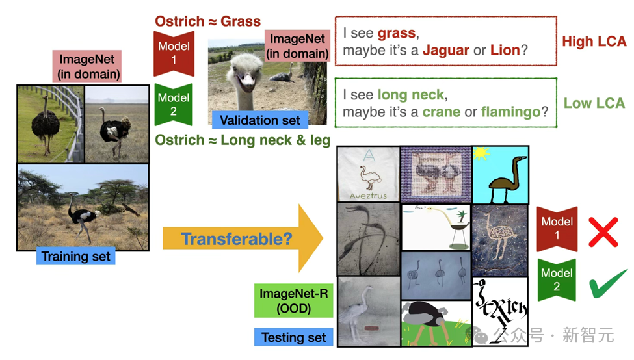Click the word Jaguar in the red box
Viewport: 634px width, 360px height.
point(446,50)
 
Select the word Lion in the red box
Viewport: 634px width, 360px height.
point(505,50)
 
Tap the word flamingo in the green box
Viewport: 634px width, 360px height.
point(510,112)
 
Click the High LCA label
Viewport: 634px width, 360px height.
point(594,41)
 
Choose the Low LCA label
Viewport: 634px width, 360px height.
point(594,103)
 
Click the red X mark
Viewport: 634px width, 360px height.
point(603,232)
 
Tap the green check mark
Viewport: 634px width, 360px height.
point(608,283)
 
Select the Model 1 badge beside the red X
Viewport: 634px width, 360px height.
point(557,229)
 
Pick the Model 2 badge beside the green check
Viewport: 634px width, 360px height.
point(557,279)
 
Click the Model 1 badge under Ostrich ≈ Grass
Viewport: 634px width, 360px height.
point(174,53)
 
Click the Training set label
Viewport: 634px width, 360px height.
point(75,256)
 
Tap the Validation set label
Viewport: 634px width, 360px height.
point(260,120)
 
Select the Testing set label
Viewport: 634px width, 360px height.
point(293,337)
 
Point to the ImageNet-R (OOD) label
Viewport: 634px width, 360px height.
point(293,301)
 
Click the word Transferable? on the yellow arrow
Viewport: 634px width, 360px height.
point(237,238)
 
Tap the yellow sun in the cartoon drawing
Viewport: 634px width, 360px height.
point(481,154)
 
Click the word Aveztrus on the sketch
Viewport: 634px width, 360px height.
point(368,196)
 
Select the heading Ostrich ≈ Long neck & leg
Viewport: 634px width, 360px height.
point(243,140)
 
